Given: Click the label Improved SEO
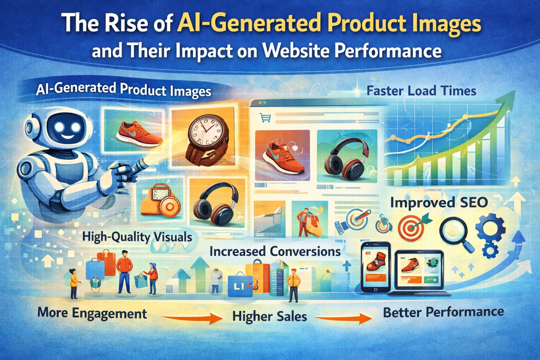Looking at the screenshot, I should pyautogui.click(x=438, y=202).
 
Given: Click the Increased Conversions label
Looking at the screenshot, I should pyautogui.click(x=274, y=251).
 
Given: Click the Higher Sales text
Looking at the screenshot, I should pyautogui.click(x=270, y=316).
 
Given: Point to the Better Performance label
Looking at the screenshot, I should pyautogui.click(x=443, y=311).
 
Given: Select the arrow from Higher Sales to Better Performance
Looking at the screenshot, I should pyautogui.click(x=342, y=319).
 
